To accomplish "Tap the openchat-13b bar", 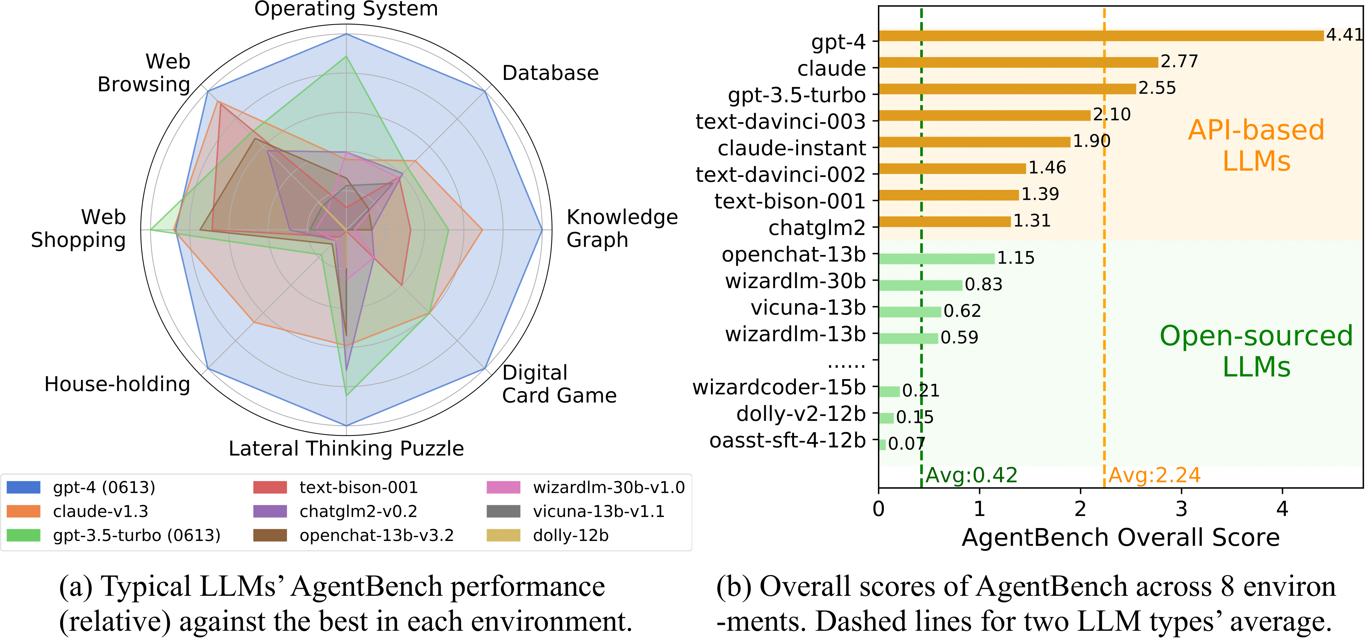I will [936, 259].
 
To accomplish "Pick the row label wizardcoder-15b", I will [779, 388].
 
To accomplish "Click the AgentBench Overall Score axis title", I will [1121, 538].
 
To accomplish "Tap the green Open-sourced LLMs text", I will [1256, 351].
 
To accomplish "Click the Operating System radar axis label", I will [346, 9].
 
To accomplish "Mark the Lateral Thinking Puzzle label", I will [346, 449].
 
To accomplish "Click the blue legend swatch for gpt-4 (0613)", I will [24, 487].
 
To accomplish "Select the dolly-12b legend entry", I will [571, 535].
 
